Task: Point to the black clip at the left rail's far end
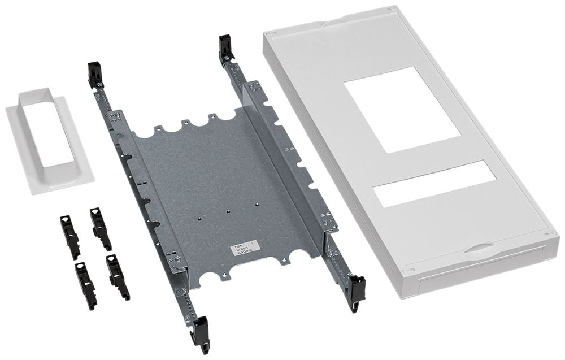[x=95, y=75]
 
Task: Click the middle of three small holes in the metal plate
[x=228, y=212]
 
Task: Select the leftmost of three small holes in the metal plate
[x=201, y=216]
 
